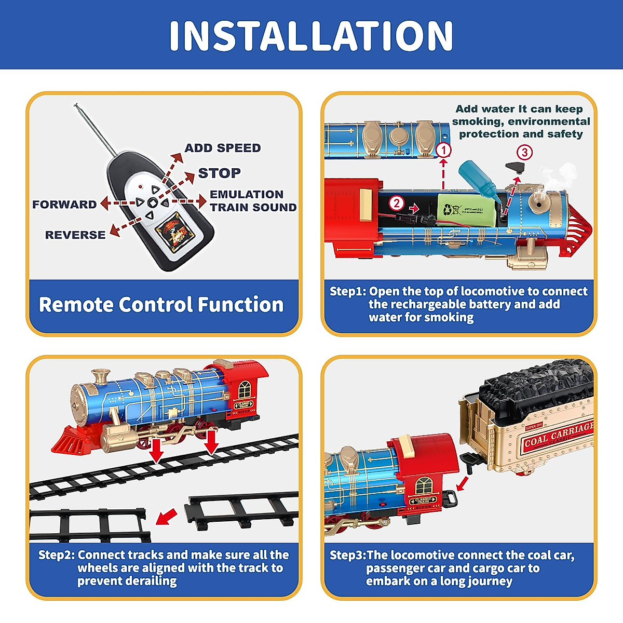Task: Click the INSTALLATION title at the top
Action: pos(311,35)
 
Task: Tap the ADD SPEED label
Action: pos(222,148)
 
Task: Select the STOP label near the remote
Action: pos(219,173)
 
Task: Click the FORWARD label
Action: pos(64,205)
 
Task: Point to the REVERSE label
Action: pos(75,235)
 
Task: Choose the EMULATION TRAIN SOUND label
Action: pos(253,201)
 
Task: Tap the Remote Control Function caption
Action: pos(161,305)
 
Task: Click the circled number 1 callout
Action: pos(443,151)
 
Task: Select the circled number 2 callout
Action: pos(397,203)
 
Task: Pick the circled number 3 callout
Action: pos(524,152)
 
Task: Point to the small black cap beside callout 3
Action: pos(514,167)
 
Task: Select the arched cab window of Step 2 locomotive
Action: pos(244,389)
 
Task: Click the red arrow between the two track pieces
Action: pos(166,517)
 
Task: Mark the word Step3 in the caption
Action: pos(347,556)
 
